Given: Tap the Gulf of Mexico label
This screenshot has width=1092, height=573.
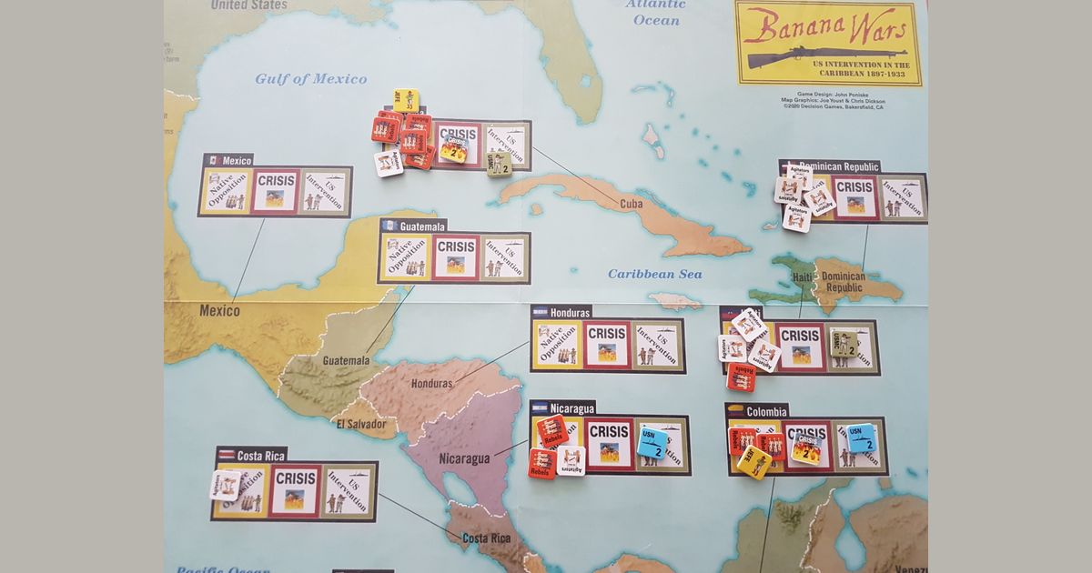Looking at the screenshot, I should pos(311,79).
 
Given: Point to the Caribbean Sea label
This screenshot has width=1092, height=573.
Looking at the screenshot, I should pos(655,274).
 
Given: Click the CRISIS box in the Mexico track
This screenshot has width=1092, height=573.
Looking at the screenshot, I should pos(276,191).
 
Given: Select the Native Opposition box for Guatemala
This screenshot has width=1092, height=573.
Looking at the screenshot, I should pos(405,257).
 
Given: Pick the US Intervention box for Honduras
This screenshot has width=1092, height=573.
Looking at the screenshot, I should pos(657,345).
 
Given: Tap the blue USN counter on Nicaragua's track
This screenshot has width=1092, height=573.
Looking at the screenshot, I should pos(652,442).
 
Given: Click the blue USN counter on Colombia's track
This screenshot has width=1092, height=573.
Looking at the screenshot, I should pos(860,438).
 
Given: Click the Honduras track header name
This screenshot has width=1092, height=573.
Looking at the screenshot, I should pos(571,311).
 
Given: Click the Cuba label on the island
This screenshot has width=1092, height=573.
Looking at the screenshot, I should pos(631,204).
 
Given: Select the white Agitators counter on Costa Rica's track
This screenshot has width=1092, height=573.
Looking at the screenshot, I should pos(226,485).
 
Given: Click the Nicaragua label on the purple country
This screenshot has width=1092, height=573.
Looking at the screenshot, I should pos(466,458).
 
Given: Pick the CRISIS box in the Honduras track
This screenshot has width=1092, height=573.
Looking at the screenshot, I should pos(606,345).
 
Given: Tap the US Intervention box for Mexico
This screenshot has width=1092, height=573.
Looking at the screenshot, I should pos(325,191).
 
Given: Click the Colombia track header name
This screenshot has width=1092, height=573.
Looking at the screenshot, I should pos(767,411).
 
